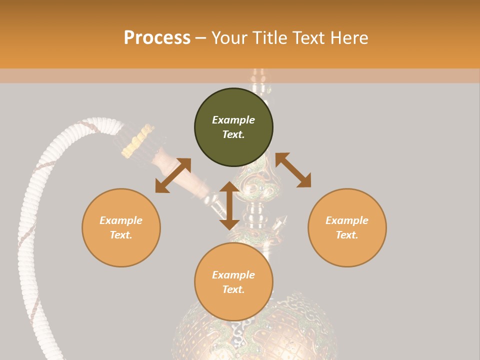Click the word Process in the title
click(x=157, y=38)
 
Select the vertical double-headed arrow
click(x=229, y=205)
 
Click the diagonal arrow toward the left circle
click(x=173, y=175)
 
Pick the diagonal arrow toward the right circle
click(x=293, y=170)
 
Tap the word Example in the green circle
click(x=233, y=120)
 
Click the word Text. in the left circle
click(x=121, y=235)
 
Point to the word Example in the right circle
click(x=347, y=220)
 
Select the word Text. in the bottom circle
click(x=233, y=289)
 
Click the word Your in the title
click(x=229, y=38)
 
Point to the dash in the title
click(x=201, y=38)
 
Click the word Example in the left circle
click(x=121, y=220)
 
